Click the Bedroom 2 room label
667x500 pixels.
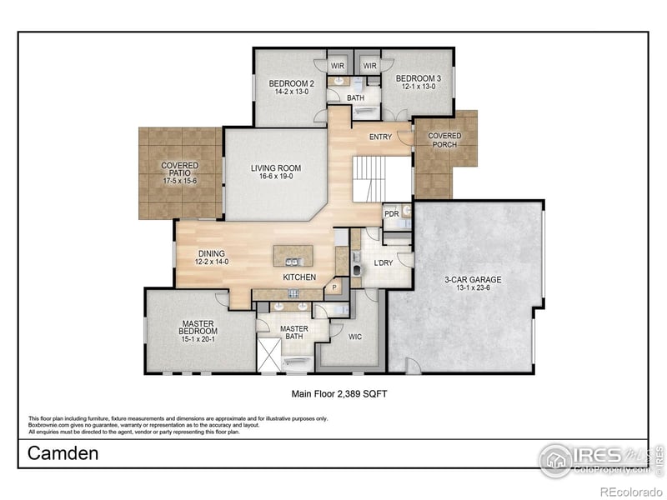pyautogui.click(x=291, y=87)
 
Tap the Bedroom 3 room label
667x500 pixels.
pyautogui.click(x=418, y=82)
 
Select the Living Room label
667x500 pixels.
pyautogui.click(x=276, y=172)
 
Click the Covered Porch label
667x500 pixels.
pyautogui.click(x=444, y=140)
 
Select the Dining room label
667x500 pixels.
pyautogui.click(x=211, y=258)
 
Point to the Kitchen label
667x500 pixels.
pyautogui.click(x=298, y=276)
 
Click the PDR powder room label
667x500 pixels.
pyautogui.click(x=391, y=214)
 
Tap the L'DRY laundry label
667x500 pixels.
pyautogui.click(x=384, y=263)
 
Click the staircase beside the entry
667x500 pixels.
pyautogui.click(x=369, y=177)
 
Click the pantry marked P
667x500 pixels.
pyautogui.click(x=335, y=287)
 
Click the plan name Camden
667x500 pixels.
pyautogui.click(x=63, y=453)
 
